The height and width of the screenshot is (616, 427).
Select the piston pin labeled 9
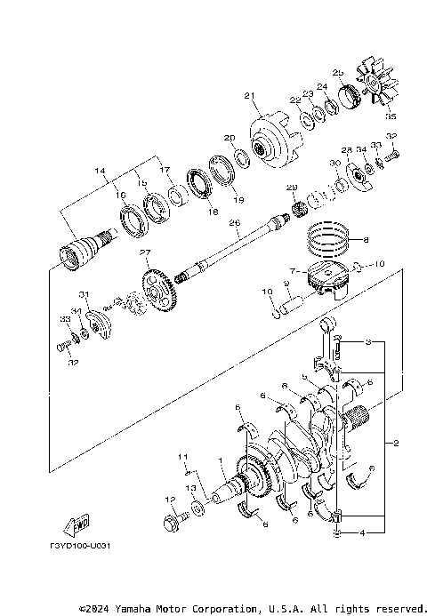coord(290,305)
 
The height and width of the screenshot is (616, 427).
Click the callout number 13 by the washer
coord(189,489)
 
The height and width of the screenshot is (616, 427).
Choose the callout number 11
coord(184,457)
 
